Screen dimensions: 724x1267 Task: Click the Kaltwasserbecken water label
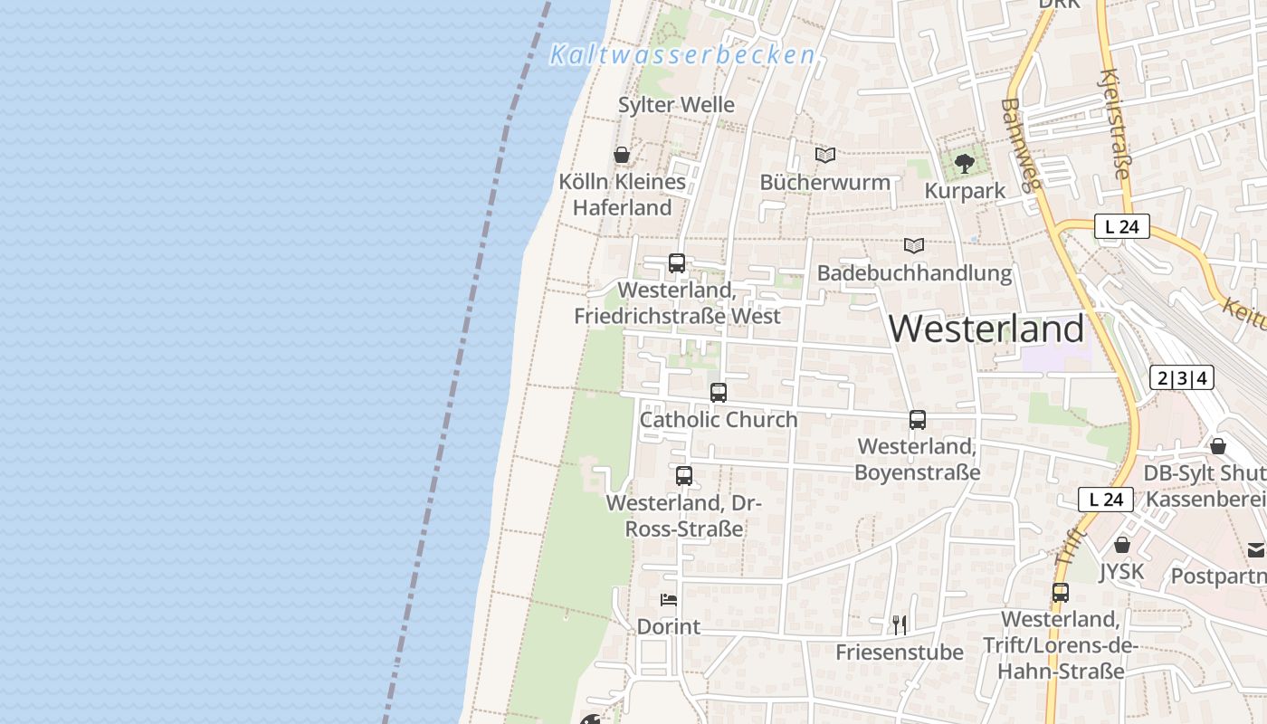[x=682, y=55]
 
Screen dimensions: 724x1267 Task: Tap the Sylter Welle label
[x=676, y=105]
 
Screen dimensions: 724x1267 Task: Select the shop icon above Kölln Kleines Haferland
[x=622, y=155]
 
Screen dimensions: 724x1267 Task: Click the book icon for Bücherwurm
[x=824, y=155]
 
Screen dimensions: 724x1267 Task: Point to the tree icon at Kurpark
[x=965, y=164]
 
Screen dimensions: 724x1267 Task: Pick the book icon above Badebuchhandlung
[x=914, y=245]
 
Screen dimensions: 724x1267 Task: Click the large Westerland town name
[x=986, y=329]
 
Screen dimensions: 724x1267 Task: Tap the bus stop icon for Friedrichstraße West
[x=676, y=263]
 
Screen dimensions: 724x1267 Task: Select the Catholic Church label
[x=719, y=420]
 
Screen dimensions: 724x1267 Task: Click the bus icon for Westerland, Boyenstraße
[x=917, y=420]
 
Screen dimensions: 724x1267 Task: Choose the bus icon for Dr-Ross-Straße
[x=684, y=476]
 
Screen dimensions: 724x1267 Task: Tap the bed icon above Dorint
[x=669, y=600]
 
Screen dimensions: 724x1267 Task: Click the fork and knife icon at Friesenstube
[x=899, y=624]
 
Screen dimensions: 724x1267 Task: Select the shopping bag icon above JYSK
[x=1122, y=545]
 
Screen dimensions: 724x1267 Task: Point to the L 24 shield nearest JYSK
[x=1106, y=499]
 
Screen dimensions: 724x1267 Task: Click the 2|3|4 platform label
[x=1181, y=377]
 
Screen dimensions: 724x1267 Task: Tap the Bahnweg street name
[x=1022, y=146]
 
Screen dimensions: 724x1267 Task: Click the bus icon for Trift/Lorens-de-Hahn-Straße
[x=1061, y=593]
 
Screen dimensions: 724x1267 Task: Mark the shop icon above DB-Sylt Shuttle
[x=1218, y=446]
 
